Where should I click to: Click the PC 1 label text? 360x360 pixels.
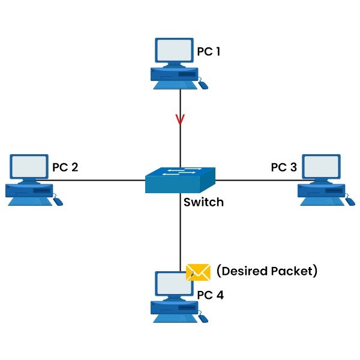click(x=209, y=52)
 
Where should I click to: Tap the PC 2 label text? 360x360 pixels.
click(x=65, y=166)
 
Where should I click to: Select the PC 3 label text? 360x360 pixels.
click(x=284, y=166)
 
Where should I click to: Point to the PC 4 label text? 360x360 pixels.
click(x=211, y=295)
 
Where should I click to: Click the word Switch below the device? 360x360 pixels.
click(x=203, y=202)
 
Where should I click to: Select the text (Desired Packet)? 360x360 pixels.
click(x=266, y=271)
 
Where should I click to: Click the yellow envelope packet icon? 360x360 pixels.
click(x=198, y=272)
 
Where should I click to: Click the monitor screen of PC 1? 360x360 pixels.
click(x=175, y=53)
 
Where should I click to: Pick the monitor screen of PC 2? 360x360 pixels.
click(x=29, y=167)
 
